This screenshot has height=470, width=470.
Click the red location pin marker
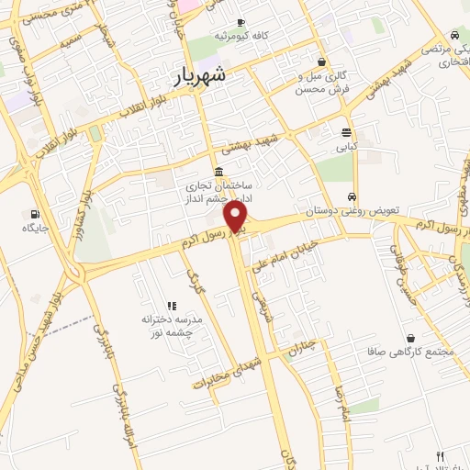[237, 217]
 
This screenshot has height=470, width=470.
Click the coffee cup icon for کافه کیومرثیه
[241, 22]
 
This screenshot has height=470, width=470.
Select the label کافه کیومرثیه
[241, 35]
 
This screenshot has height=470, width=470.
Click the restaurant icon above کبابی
[346, 132]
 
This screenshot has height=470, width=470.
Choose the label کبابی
[346, 146]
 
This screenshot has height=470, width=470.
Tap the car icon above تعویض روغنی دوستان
[352, 197]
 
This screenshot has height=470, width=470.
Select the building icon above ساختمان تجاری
[218, 173]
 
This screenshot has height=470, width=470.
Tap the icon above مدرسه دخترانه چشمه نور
[172, 306]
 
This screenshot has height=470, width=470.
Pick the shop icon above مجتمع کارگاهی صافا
[408, 338]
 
